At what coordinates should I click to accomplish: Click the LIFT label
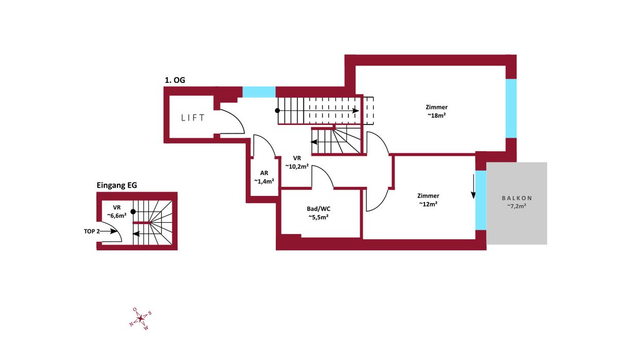tap(193, 117)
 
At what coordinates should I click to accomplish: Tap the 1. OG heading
tap(175, 80)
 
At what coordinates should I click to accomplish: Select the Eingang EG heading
tap(117, 185)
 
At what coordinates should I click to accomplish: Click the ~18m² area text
tap(436, 116)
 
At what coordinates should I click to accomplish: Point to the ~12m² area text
tap(428, 204)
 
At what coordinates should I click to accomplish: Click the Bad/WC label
tap(319, 209)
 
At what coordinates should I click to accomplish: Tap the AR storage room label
tap(264, 173)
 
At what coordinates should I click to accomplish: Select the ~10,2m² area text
tap(297, 167)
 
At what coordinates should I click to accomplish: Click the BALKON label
tap(517, 198)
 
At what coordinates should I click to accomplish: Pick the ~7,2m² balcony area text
tap(517, 206)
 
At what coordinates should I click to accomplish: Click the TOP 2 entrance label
tap(92, 231)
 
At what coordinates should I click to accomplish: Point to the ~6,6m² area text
tap(117, 215)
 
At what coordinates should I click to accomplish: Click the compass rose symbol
tap(140, 318)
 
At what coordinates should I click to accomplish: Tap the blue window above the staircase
tap(259, 92)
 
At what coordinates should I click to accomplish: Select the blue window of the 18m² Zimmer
tap(511, 109)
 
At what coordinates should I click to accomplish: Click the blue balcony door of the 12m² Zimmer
tap(481, 200)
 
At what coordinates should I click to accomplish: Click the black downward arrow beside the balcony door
tap(473, 186)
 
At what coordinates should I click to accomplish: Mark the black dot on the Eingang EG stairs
tap(133, 212)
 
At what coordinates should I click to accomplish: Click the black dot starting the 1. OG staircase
tap(277, 111)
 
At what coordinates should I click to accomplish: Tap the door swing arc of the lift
tap(237, 117)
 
